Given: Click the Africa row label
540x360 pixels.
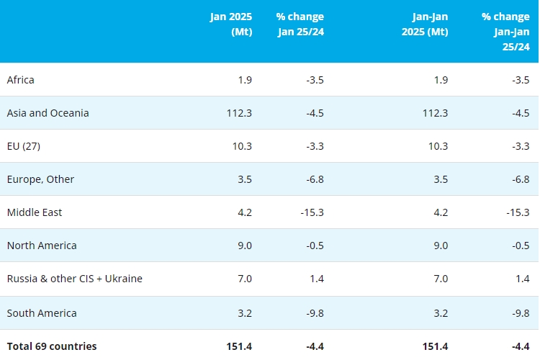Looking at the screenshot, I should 21,80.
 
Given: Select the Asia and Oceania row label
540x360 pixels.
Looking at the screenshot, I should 48,113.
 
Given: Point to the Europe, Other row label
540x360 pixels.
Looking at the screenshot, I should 40,179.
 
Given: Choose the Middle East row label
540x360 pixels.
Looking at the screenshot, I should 35,212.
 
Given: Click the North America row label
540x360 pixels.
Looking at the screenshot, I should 42,246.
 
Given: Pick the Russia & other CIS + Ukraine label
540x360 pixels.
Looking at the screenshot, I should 75,279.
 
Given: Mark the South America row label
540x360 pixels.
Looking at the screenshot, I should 42,313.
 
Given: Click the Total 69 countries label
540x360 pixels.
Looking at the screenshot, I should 52,346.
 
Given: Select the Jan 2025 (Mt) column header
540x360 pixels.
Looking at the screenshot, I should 231,24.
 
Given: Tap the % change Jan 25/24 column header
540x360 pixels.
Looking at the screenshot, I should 300,24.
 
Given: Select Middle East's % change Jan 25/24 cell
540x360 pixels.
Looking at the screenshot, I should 311,212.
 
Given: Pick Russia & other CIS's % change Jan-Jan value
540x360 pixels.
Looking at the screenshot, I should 522,279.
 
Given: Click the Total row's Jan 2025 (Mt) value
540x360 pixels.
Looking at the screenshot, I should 238,346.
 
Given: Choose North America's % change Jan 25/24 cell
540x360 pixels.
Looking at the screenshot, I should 313,246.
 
